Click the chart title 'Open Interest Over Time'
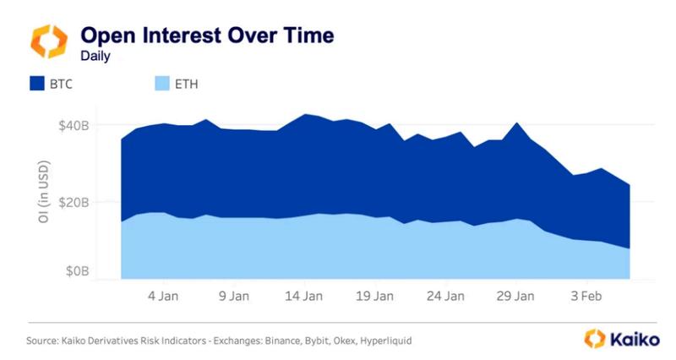[206, 35]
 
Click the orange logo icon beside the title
[48, 41]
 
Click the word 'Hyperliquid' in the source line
[386, 341]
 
